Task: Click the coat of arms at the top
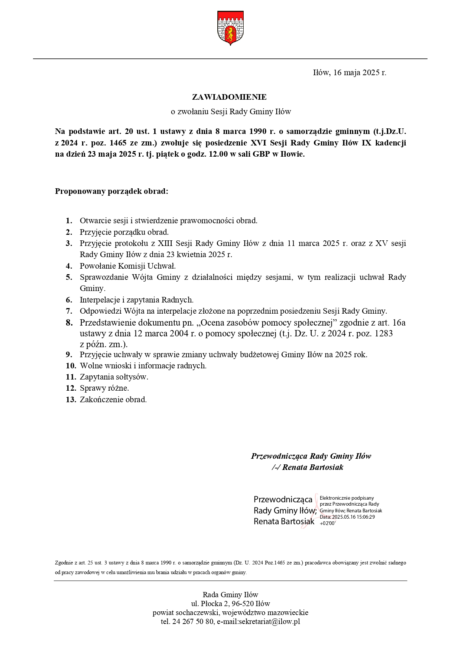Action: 230,28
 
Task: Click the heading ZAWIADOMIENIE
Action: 229,97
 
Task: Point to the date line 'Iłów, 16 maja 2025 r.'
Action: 350,73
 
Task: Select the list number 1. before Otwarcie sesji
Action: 69,221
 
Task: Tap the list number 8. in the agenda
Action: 69,323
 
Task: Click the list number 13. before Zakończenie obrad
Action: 71,400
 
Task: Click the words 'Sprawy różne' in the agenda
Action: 104,388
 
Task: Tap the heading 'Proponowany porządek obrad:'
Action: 112,191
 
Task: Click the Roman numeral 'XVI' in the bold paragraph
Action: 259,143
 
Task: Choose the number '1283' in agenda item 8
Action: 384,333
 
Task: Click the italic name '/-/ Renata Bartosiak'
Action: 308,467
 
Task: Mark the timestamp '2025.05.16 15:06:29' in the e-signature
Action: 353,517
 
